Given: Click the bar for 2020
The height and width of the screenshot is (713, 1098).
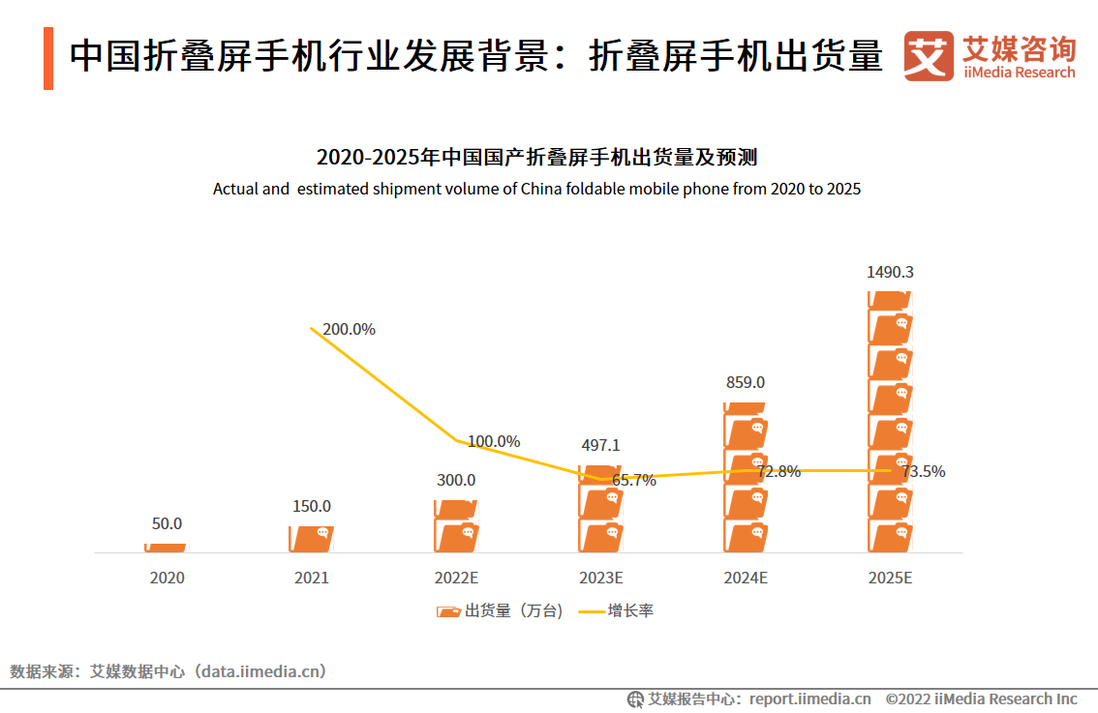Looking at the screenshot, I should (x=166, y=548).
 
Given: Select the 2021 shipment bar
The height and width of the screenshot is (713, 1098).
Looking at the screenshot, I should (x=311, y=539).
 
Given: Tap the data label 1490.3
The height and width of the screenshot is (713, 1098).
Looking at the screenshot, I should (x=889, y=273).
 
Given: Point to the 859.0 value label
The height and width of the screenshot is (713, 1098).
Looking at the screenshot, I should (x=746, y=382).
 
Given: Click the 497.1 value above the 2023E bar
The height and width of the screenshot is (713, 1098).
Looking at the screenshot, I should (x=600, y=446).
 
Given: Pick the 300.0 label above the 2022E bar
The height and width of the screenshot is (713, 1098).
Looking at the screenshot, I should (x=456, y=480).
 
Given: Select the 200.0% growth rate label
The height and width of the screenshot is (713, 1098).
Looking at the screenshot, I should (x=349, y=329).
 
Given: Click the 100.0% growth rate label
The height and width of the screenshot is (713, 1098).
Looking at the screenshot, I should (x=494, y=441).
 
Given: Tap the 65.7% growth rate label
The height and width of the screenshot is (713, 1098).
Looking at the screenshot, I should (x=634, y=480).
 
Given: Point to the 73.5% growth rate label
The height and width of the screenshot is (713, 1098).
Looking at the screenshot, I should (x=924, y=472).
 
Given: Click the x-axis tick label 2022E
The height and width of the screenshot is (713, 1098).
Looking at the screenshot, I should (x=456, y=579).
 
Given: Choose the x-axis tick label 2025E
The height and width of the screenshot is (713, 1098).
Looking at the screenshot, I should (x=891, y=579).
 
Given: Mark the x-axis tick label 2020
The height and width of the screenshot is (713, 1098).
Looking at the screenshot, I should (x=167, y=579).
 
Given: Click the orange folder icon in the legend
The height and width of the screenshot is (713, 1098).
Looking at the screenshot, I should (x=448, y=611).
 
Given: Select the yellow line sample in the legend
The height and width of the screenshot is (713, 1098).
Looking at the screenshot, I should (x=591, y=611).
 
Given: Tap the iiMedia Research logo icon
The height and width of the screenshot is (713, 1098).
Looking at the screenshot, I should (x=928, y=56).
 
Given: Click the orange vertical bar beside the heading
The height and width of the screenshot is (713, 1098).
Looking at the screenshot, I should (x=48, y=59).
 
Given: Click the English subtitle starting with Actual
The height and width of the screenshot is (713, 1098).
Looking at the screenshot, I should (x=536, y=189).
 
